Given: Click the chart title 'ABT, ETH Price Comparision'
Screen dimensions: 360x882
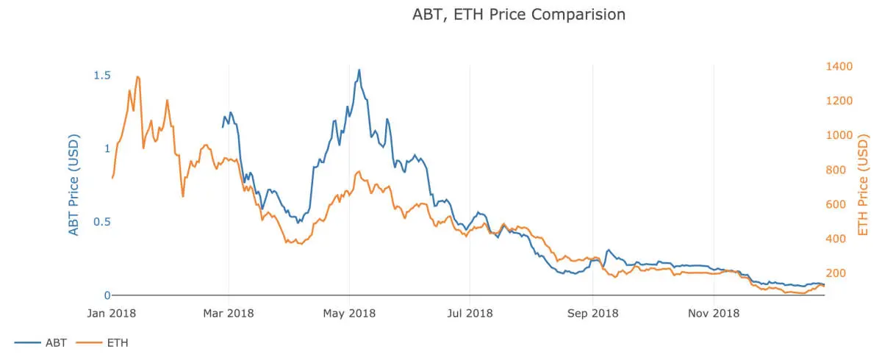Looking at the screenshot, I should tap(519, 15).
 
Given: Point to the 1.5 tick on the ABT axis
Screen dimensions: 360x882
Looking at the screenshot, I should tap(102, 75).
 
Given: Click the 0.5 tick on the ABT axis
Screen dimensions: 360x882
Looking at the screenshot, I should tap(102, 222).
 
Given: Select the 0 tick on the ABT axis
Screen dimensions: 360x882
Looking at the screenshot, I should tap(107, 295).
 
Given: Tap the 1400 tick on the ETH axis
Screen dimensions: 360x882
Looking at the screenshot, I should tap(839, 67).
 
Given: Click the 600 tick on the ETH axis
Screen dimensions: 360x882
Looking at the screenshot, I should tap(836, 204).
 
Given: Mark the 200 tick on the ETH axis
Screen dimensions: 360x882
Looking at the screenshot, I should tap(836, 273).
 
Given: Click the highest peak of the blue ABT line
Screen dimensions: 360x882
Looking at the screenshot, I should tap(359, 70).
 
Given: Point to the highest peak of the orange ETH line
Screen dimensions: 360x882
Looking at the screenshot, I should tap(137, 76).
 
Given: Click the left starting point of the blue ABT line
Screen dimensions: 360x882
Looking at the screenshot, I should tap(223, 127).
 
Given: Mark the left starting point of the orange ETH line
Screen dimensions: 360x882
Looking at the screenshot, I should tap(112, 178).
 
